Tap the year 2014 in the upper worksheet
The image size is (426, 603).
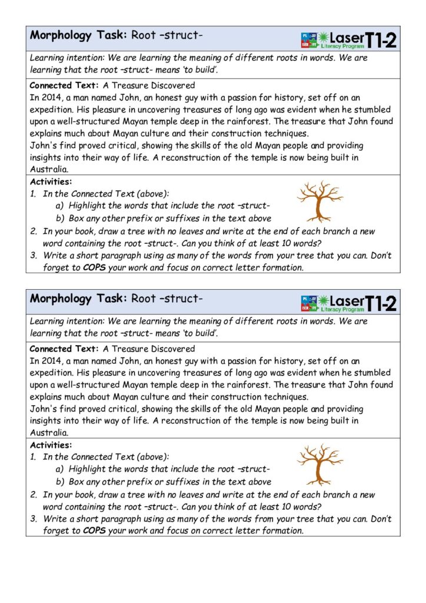tap(49, 98)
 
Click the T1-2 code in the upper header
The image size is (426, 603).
tap(381, 40)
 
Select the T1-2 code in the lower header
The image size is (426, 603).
tap(381, 303)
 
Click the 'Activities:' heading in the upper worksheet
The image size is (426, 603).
tap(51, 182)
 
